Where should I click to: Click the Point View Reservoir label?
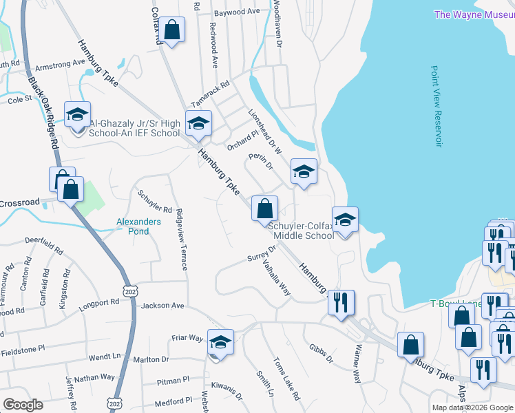[435, 106]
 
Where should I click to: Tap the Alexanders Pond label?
[138, 226]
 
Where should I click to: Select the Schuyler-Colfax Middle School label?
[301, 231]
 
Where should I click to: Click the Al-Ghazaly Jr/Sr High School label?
[134, 128]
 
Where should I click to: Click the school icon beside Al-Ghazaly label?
[77, 114]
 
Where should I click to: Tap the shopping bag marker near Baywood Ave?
[172, 30]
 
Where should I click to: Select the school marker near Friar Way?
[220, 342]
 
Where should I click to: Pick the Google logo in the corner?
[23, 405]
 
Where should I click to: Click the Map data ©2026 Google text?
[472, 407]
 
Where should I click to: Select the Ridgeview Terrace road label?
[182, 240]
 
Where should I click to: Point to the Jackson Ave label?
[162, 305]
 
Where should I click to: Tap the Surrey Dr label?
[261, 259]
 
